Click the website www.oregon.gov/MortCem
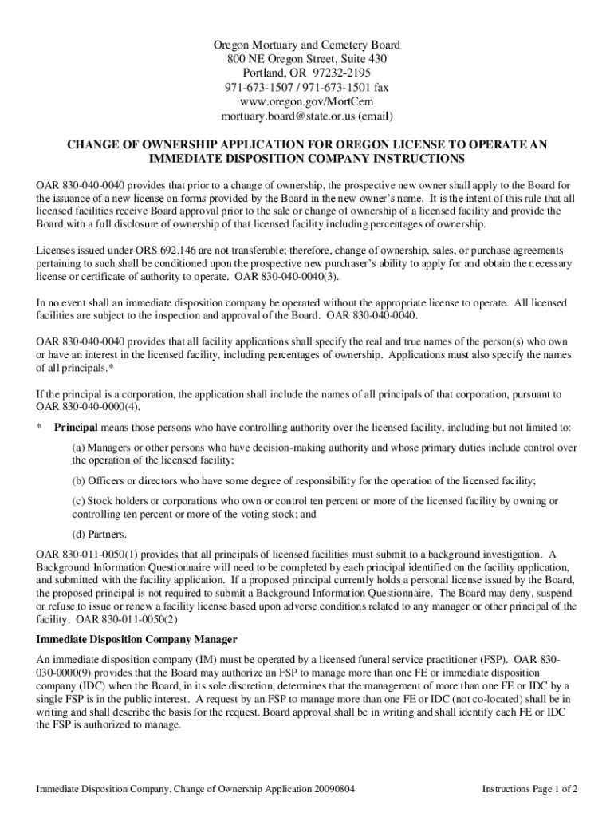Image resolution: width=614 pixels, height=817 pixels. pyautogui.click(x=307, y=102)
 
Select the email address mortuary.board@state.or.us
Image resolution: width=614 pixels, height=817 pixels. pyautogui.click(x=289, y=116)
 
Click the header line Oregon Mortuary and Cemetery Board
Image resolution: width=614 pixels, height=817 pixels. pyautogui.click(x=307, y=45)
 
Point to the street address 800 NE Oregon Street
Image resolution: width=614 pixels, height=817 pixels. pyautogui.click(x=275, y=59)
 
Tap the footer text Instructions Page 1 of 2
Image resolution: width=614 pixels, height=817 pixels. pyautogui.click(x=529, y=790)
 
